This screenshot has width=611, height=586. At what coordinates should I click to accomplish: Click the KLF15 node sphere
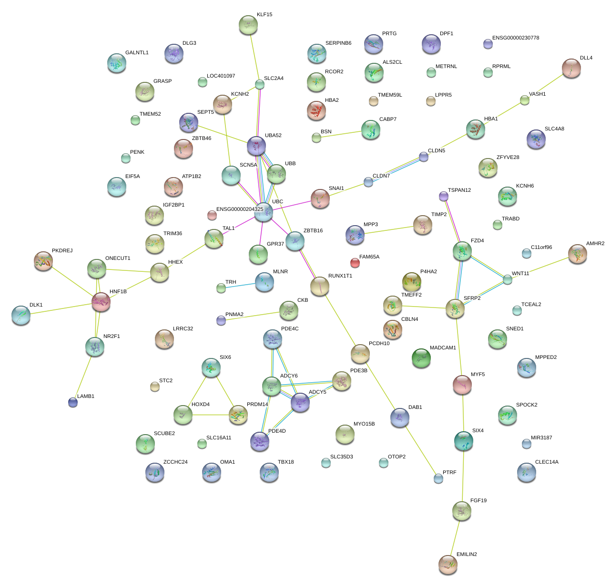click(x=248, y=25)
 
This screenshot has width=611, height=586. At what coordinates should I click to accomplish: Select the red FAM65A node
click(x=355, y=262)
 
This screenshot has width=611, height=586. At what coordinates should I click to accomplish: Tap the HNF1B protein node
click(x=101, y=302)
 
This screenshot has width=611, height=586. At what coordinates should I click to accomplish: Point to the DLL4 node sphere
click(x=571, y=68)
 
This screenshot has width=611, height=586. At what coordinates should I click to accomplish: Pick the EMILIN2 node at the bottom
click(x=448, y=564)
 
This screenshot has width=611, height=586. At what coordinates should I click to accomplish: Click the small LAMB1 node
click(x=73, y=402)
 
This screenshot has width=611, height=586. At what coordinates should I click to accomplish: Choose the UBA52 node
click(x=256, y=146)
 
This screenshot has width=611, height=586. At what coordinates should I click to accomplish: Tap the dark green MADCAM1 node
click(x=421, y=358)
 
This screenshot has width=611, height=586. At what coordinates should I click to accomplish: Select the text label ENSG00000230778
click(x=516, y=38)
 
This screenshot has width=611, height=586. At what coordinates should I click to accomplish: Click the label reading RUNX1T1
click(x=340, y=276)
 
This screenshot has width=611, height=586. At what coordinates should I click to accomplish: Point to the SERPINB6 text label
click(x=338, y=43)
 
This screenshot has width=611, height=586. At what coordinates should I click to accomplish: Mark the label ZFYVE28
click(x=508, y=158)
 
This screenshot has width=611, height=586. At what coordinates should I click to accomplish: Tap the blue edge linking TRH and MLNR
click(x=242, y=285)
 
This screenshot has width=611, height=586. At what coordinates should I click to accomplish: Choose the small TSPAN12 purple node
click(x=443, y=196)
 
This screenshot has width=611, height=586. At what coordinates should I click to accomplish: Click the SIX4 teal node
click(x=463, y=441)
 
